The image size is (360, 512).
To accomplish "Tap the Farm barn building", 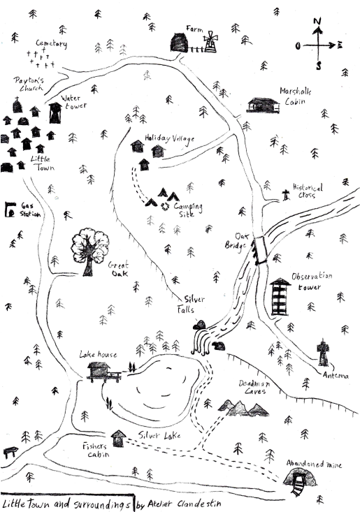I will coord(181,43).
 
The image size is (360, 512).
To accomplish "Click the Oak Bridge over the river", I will coord(261,250).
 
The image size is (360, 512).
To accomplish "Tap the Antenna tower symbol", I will coord(322,353).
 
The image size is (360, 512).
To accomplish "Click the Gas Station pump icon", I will coord(10,209).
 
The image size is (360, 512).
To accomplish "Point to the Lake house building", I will coord(98,370).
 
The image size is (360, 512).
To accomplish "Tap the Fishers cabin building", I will coord(119,438).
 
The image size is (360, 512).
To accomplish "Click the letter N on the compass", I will coord(317,22).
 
